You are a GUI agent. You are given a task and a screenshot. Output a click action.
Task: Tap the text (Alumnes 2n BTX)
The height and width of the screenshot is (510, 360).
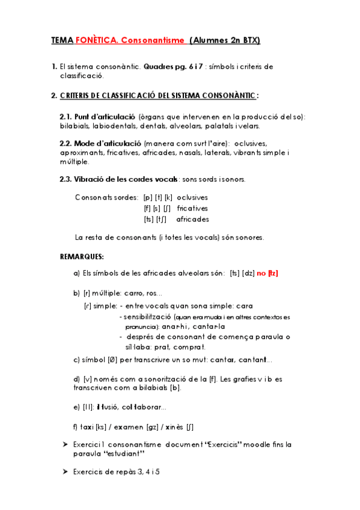(226, 40)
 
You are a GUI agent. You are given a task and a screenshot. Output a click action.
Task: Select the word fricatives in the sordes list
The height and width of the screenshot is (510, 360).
(193, 208)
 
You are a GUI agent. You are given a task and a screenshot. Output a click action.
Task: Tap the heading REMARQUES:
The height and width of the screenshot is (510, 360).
(82, 257)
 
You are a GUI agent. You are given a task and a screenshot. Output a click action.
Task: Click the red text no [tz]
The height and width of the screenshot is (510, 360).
(267, 273)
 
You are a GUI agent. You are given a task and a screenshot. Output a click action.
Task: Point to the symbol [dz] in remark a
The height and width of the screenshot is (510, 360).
(248, 273)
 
